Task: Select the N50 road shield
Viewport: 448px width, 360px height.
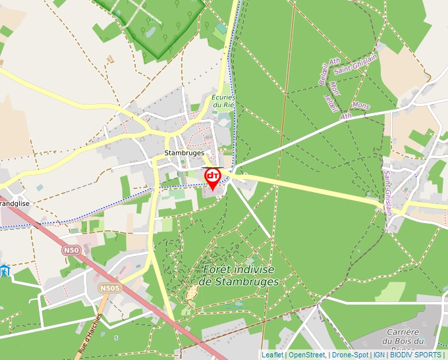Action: pyautogui.click(x=71, y=251)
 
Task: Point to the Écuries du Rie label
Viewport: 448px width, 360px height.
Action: pyautogui.click(x=223, y=101)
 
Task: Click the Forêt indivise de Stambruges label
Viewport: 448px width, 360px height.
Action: pyautogui.click(x=238, y=276)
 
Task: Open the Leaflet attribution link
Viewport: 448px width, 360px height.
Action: pyautogui.click(x=272, y=355)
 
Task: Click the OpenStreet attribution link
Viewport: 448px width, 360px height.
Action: pyautogui.click(x=306, y=355)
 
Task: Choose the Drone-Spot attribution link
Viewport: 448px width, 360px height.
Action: pyautogui.click(x=350, y=355)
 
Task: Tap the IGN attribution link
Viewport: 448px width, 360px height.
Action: pyautogui.click(x=379, y=355)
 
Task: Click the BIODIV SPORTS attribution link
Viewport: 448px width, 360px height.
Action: pyautogui.click(x=416, y=355)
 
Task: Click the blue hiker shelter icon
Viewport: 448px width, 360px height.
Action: pyautogui.click(x=4, y=270)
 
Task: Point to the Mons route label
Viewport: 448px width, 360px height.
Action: pyautogui.click(x=361, y=105)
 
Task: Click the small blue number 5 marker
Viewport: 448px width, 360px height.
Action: pyautogui.click(x=117, y=338)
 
